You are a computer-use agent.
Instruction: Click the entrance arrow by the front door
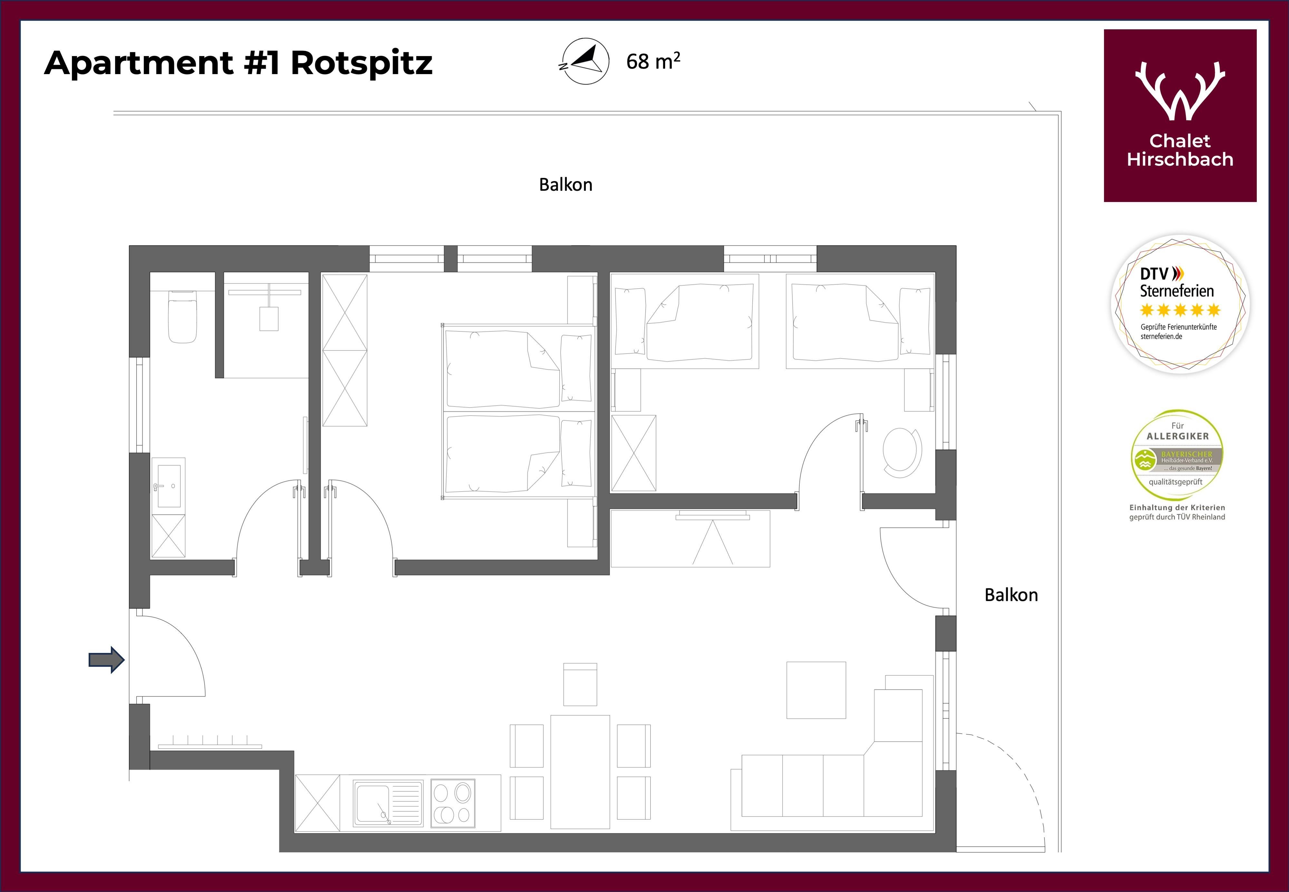(107, 660)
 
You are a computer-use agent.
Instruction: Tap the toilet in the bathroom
(183, 316)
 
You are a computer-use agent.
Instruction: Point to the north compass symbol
(585, 61)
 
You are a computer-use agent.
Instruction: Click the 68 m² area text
(653, 61)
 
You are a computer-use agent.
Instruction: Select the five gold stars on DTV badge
(1180, 310)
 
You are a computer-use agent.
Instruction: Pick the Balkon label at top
(566, 185)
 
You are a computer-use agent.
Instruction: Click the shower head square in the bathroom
(269, 319)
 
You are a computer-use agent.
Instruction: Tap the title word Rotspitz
(362, 63)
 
